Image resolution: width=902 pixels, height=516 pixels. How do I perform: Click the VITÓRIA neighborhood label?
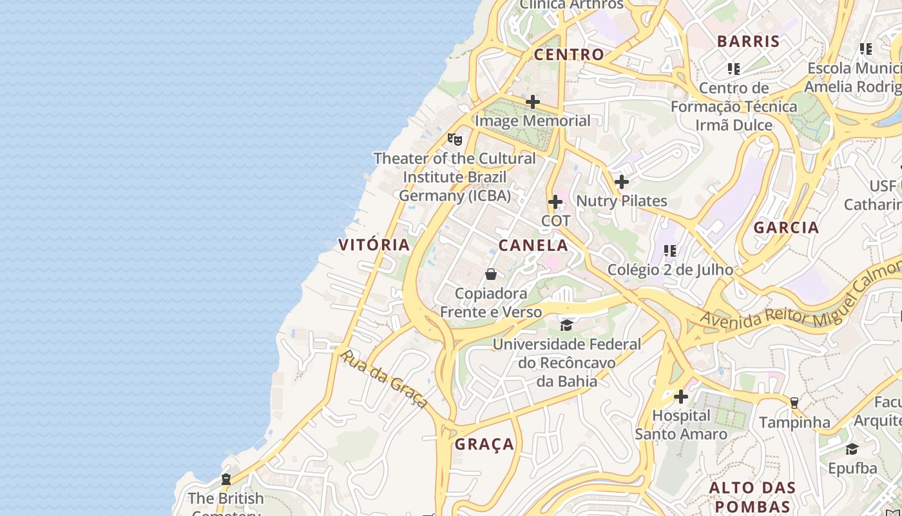pyautogui.click(x=374, y=244)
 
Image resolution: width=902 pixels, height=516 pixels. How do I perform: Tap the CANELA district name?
pyautogui.click(x=533, y=245)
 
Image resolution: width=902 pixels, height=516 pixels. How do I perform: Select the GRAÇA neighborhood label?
pyautogui.click(x=485, y=444)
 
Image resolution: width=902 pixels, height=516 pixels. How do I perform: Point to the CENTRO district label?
pyautogui.click(x=569, y=54)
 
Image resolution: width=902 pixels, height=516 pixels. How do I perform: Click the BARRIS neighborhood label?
pyautogui.click(x=748, y=41)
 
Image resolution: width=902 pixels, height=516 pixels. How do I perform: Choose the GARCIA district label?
pyautogui.click(x=786, y=227)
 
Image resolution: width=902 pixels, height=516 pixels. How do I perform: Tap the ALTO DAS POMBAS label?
pyautogui.click(x=753, y=496)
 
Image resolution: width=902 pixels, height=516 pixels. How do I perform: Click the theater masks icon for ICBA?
pyautogui.click(x=455, y=139)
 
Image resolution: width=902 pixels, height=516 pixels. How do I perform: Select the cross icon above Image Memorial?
pyautogui.click(x=533, y=102)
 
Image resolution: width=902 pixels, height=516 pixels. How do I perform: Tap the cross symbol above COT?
pyautogui.click(x=555, y=203)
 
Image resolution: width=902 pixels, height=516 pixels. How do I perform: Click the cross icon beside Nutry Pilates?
pyautogui.click(x=622, y=183)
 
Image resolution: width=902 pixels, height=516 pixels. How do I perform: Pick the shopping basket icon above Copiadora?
pyautogui.click(x=491, y=275)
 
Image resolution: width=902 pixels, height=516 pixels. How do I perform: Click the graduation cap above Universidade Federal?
pyautogui.click(x=566, y=325)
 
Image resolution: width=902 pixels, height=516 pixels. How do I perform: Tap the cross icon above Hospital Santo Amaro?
pyautogui.click(x=681, y=397)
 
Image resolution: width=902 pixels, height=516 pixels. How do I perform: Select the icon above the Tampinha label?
pyautogui.click(x=794, y=403)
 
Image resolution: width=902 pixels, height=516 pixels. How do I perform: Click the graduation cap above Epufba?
pyautogui.click(x=852, y=449)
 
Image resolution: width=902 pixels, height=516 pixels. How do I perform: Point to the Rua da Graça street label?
pyautogui.click(x=384, y=379)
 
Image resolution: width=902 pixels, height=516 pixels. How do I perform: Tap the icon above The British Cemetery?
pyautogui.click(x=226, y=479)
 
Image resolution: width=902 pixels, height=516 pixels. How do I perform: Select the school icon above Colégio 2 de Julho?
pyautogui.click(x=670, y=250)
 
